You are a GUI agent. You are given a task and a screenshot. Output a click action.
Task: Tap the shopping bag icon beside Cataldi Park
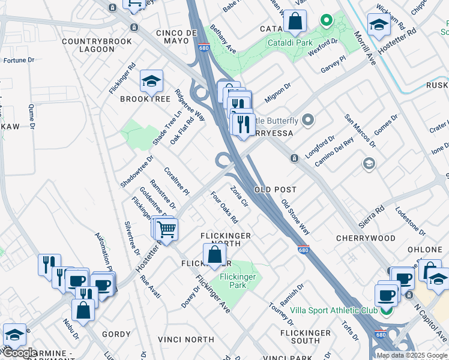pyautogui.click(x=295, y=23)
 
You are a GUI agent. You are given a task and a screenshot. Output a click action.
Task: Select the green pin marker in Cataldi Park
pyautogui.click(x=326, y=22)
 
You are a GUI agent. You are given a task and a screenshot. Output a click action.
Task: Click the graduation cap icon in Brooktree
pyautogui.click(x=152, y=81)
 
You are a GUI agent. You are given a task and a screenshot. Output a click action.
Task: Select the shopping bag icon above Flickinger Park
pyautogui.click(x=214, y=255)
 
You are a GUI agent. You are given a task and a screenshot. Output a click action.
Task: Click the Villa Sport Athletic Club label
pyautogui.click(x=334, y=310)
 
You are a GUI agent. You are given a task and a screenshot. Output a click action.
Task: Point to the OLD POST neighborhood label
pyautogui.click(x=276, y=190)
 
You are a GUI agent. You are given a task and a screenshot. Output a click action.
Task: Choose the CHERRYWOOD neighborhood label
pyautogui.click(x=366, y=238)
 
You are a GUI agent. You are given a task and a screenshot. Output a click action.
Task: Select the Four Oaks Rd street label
pyautogui.click(x=224, y=207)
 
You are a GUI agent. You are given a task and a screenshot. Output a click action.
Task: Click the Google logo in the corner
pyautogui.click(x=20, y=353)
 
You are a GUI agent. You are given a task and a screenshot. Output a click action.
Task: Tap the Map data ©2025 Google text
pyautogui.click(x=411, y=355)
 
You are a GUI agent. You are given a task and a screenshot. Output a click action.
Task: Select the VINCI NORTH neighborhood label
pyautogui.click(x=185, y=340)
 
